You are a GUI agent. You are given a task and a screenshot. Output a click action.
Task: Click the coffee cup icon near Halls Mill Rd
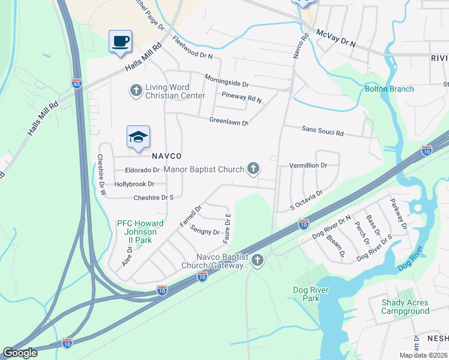coord(120,41)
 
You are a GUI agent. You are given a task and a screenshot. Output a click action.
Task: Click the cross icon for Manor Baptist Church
coord(253,169)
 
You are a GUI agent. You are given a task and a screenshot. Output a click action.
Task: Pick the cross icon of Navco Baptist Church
coord(258,260)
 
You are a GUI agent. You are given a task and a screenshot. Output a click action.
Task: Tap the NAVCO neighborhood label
coord(166,155)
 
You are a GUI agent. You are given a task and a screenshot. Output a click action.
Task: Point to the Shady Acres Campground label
coord(405,307)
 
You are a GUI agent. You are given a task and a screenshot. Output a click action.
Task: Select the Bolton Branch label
coord(390,89)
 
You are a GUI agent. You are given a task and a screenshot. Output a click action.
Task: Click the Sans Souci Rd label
coord(322,131)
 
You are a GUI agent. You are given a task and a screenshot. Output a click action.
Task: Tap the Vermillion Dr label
coord(308,165)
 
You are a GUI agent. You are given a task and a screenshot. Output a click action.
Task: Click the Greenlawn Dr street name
coord(229,121)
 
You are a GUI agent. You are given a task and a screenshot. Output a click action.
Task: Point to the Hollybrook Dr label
coord(134,184)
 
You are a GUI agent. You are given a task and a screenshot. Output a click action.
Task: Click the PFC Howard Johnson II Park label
coord(137,232)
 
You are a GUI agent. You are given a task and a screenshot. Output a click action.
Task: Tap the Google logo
coord(20,352)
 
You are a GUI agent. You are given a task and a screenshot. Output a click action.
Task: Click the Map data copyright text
coord(423,355)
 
